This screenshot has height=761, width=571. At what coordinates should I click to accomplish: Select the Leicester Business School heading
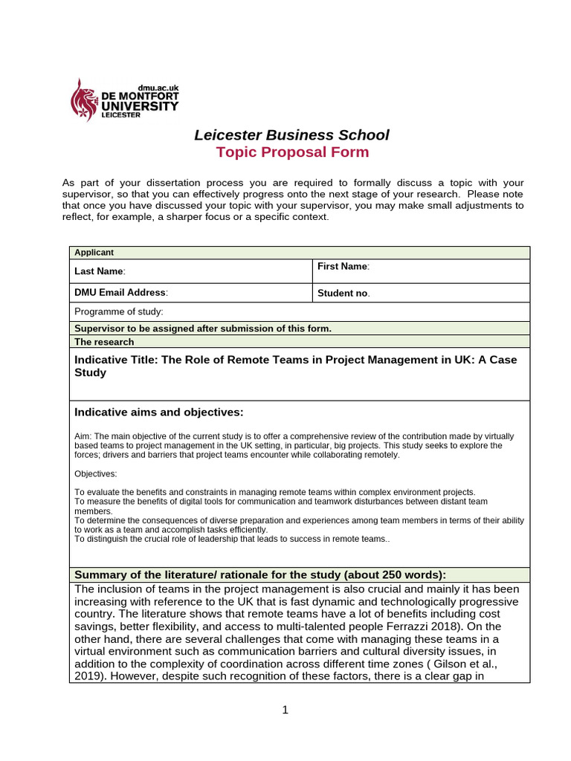point(291,135)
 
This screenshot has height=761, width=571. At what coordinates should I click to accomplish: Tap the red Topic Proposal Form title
point(291,152)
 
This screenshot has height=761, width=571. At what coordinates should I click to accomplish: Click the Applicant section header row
point(93,253)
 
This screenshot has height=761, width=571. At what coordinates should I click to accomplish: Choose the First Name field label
point(343,267)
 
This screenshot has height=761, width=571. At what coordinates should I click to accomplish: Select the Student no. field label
point(343,293)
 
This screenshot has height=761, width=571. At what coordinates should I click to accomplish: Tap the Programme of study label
point(119,312)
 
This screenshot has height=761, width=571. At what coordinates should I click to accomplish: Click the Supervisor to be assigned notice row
point(203,328)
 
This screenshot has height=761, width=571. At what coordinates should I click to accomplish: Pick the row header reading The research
point(105,342)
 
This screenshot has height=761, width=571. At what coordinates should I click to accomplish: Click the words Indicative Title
point(116,360)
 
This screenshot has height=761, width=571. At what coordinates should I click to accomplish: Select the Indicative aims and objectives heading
point(159,412)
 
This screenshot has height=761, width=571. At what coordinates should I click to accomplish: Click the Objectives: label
point(96,473)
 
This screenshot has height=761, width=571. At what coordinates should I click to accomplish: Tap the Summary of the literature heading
point(260,574)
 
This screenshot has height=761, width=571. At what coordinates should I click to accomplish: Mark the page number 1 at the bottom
point(285,710)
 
